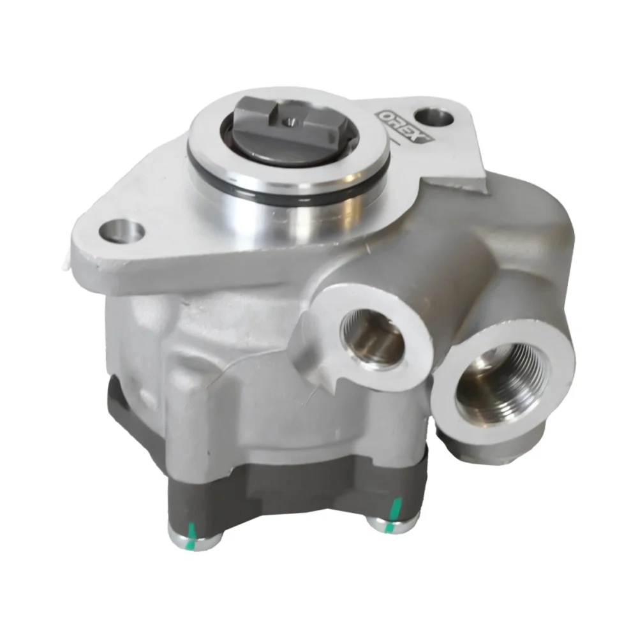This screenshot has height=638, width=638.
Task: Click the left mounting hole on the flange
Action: [x=122, y=232]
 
